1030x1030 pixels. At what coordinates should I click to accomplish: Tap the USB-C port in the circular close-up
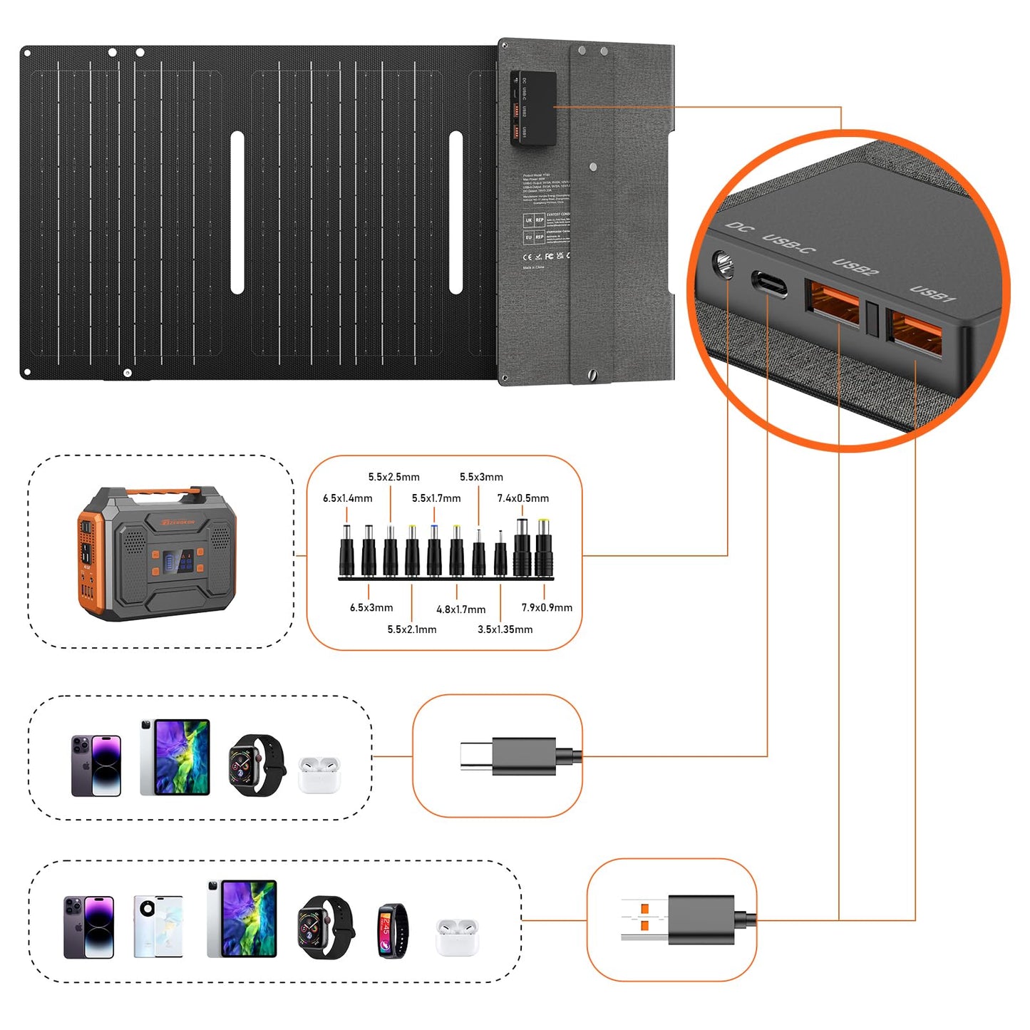click(769, 284)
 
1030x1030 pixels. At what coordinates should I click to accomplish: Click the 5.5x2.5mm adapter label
click(393, 477)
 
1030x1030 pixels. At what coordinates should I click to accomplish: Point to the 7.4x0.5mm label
click(523, 498)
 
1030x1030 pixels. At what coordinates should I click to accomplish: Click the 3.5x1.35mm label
click(505, 629)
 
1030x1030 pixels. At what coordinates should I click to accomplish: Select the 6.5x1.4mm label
click(347, 498)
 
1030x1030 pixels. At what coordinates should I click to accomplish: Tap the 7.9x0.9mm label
click(547, 607)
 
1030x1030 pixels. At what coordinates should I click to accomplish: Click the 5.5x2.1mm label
click(412, 629)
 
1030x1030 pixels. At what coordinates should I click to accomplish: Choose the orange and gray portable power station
click(157, 552)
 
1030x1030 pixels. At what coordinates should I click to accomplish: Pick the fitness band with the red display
click(393, 929)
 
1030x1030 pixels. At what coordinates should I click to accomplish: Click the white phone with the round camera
click(158, 926)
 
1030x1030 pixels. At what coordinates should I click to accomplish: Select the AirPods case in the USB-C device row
click(319, 775)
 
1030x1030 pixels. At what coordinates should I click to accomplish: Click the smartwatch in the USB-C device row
click(256, 764)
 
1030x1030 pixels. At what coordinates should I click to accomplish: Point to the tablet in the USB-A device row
click(242, 918)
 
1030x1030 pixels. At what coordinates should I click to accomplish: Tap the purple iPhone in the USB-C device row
click(96, 765)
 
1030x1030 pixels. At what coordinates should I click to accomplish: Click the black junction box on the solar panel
click(532, 108)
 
